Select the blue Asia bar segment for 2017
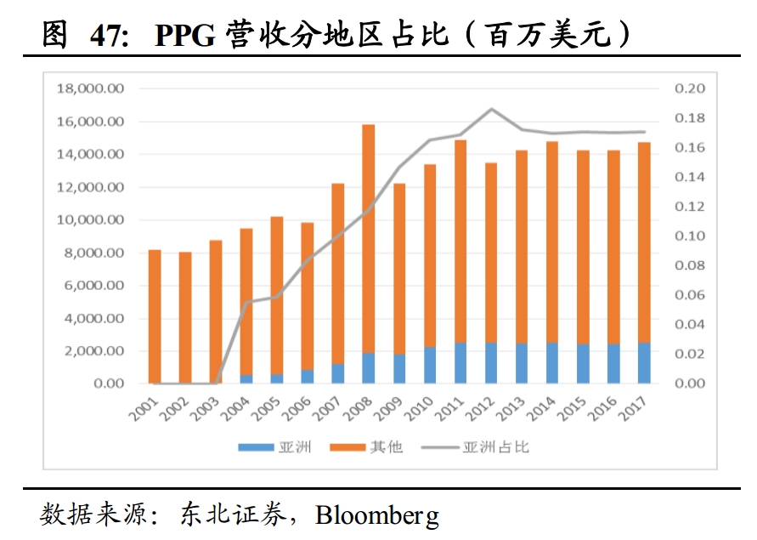[644, 363]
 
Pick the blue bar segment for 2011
[460, 363]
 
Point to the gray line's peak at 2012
[491, 109]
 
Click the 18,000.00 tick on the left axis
[89, 88]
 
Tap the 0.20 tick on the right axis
[690, 88]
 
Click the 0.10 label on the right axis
[690, 236]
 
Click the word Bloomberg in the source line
[377, 514]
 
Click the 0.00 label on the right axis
[690, 384]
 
